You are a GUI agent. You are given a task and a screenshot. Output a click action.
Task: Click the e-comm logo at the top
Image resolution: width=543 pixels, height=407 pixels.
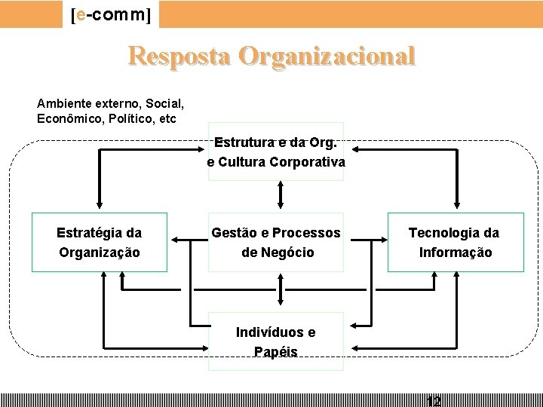tap(112, 14)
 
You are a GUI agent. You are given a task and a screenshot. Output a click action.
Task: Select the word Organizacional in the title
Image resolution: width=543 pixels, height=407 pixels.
tap(327, 56)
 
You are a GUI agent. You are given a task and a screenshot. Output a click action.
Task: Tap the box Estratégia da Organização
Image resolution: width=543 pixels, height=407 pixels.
tap(99, 242)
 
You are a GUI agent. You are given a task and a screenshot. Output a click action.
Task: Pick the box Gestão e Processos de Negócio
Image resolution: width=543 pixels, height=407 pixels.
tap(276, 242)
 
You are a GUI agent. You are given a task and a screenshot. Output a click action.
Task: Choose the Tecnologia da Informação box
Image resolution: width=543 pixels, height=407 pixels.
tap(455, 242)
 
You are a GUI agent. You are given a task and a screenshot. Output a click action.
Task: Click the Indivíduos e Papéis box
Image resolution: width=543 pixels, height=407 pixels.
tap(276, 341)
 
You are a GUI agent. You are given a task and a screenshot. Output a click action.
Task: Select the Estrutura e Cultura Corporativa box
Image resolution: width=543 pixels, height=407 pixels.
tap(276, 151)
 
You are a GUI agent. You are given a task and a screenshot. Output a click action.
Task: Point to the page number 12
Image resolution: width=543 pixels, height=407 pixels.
tap(433, 401)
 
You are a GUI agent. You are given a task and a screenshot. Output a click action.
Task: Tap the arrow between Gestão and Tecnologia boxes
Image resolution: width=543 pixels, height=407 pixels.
tap(369, 240)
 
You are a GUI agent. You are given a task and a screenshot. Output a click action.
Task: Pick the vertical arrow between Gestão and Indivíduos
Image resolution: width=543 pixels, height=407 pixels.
tap(280, 290)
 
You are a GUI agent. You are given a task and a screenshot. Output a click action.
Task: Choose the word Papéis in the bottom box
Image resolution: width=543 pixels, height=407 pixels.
tap(276, 352)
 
